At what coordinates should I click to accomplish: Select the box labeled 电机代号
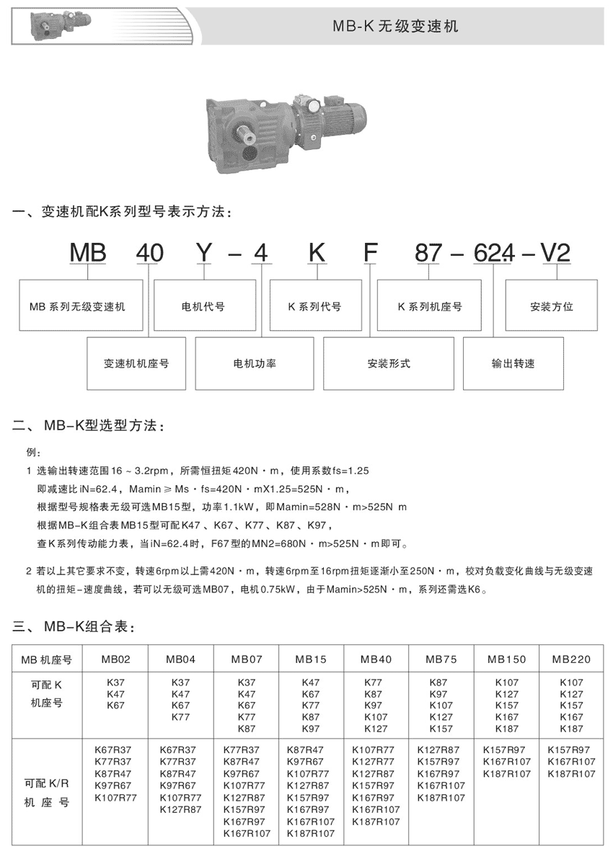205,306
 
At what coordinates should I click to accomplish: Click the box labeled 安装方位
552,306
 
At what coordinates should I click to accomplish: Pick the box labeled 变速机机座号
136,364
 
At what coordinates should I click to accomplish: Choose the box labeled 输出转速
513,364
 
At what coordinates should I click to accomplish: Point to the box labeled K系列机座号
429,306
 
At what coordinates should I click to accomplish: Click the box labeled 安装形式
388,364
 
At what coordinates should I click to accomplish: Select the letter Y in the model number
205,253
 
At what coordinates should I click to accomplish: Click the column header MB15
311,659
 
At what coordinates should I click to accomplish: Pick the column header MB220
571,659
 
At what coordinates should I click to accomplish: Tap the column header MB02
115,659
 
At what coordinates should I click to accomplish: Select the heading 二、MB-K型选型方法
90,427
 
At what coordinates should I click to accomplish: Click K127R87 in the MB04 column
180,809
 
